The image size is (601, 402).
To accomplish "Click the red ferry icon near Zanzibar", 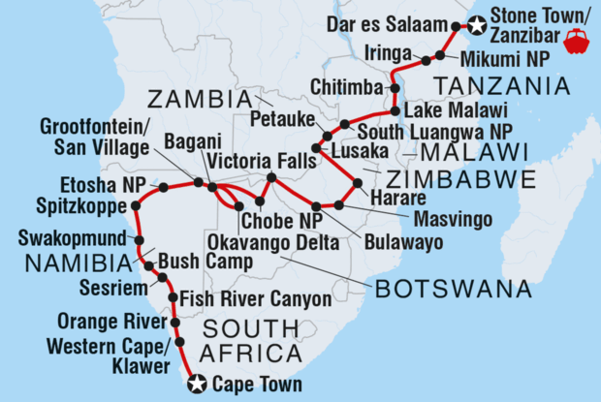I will tap(576, 42).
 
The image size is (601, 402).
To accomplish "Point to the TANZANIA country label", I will tap(516, 87).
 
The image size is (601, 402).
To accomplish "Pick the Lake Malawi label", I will tap(449, 109).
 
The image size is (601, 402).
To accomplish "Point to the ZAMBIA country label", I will tap(199, 99).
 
